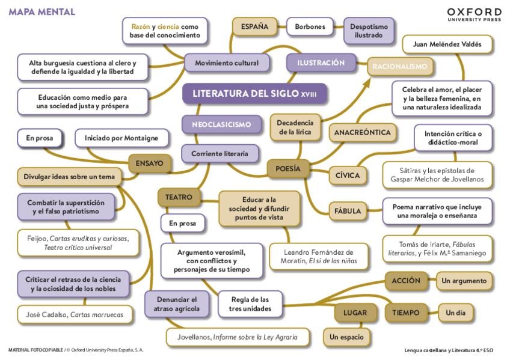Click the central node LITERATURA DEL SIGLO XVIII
(254, 94)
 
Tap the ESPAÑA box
(254, 26)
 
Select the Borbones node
(310, 26)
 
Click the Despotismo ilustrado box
(369, 31)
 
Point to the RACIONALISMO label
(399, 66)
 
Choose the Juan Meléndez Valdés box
(447, 44)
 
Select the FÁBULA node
(348, 211)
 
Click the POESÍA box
(288, 169)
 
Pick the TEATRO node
(179, 197)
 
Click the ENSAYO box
(150, 162)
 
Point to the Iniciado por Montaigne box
(121, 138)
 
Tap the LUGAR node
(355, 313)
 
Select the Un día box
(455, 313)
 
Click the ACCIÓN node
(406, 281)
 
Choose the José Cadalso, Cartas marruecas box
(75, 314)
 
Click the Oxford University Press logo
(474, 14)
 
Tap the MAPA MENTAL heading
(41, 12)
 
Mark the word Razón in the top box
(140, 26)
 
